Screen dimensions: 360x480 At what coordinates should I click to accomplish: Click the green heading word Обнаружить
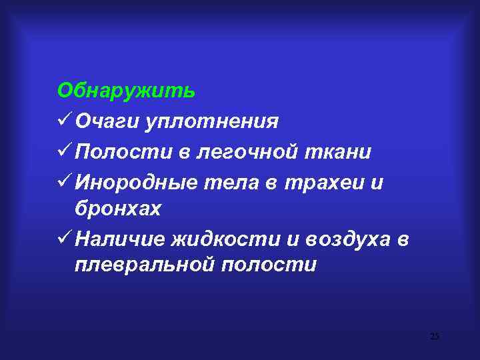click(127, 90)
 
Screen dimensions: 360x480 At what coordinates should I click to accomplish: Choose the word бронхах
click(118, 209)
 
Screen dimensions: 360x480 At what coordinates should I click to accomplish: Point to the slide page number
click(435, 335)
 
